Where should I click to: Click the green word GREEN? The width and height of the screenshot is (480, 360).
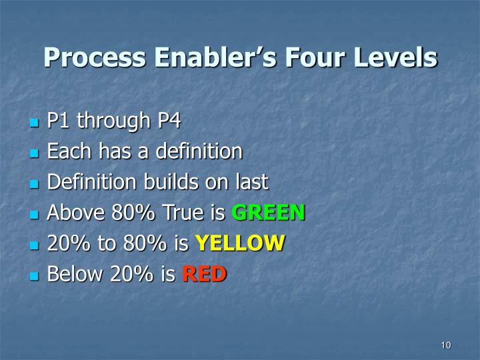point(268,213)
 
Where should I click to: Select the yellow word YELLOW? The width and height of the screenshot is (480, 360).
point(239,243)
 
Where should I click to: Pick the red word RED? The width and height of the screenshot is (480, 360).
point(204,274)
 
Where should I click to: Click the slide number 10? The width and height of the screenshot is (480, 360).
point(446,345)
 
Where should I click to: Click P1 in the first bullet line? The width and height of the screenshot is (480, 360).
point(59,121)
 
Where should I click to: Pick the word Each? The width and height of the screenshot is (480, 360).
point(65,151)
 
